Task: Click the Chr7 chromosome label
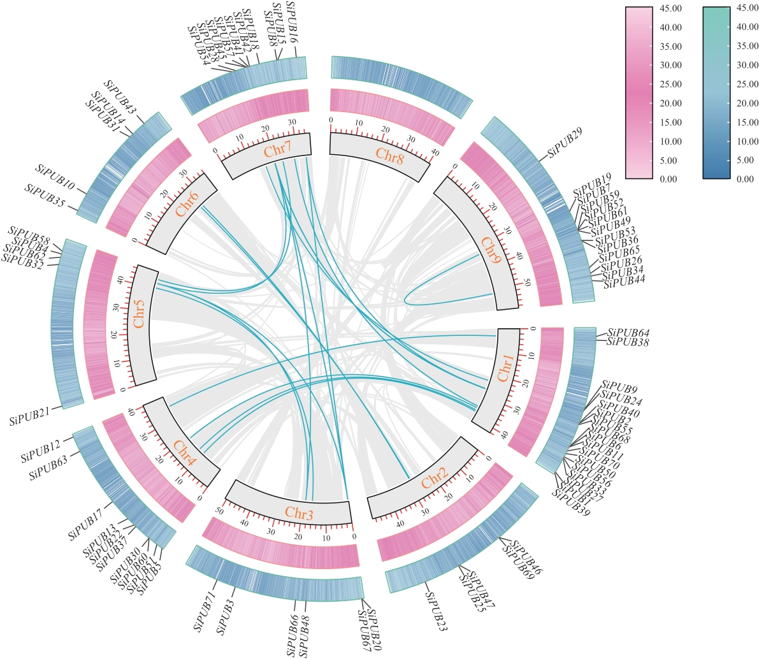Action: [277, 151]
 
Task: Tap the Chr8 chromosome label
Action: [389, 154]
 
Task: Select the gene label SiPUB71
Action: [206, 611]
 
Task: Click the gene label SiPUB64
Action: [628, 332]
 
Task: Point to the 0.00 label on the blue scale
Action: [745, 179]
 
